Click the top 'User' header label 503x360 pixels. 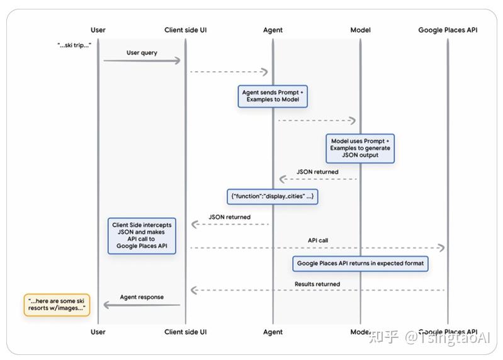coord(98,30)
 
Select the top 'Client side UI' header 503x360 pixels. coord(185,30)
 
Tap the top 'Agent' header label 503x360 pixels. coord(273,30)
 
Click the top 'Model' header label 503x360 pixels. coord(360,30)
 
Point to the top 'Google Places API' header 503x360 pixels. coord(448,30)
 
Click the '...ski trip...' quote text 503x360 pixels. coord(74,45)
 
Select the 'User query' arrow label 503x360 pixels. coord(142,53)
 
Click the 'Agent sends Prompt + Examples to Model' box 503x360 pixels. coord(273,96)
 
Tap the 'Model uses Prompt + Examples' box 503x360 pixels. coord(360,149)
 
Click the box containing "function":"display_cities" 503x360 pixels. coord(273,196)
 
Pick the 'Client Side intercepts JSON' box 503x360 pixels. coord(142,235)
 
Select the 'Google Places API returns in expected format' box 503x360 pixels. coord(360,263)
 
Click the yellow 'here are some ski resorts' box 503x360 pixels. coord(57,305)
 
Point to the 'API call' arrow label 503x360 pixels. coord(317,240)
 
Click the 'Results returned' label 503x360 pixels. coord(317,284)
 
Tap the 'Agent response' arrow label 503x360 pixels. coord(142,297)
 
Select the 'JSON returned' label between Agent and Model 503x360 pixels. coord(317,172)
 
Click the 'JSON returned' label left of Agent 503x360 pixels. coord(229,217)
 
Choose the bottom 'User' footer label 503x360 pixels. coord(98,332)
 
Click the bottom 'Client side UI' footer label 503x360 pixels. coord(185,332)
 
